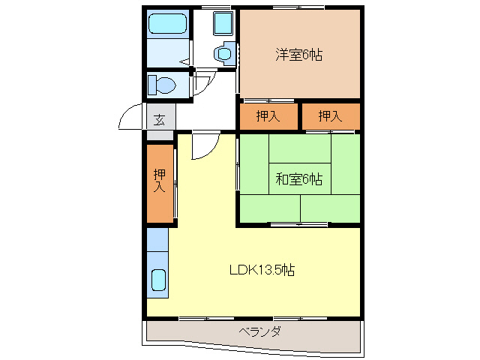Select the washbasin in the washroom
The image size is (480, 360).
(223, 53)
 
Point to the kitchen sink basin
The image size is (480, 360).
(158, 280)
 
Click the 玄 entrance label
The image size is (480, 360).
(160, 118)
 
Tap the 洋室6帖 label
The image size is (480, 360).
(298, 54)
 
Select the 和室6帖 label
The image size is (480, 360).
(298, 179)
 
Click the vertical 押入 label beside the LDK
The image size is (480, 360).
(160, 181)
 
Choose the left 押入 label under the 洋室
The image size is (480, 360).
(267, 115)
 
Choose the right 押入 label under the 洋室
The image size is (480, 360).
(329, 115)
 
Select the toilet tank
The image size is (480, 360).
(151, 83)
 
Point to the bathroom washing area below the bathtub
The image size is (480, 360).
(166, 52)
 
